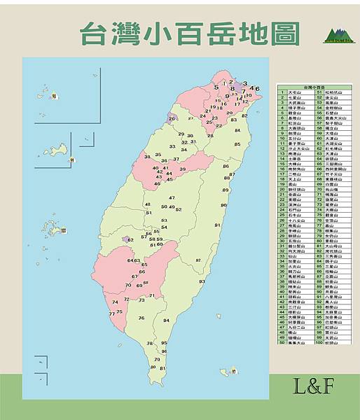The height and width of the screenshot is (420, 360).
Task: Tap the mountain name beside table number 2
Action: click(295, 97)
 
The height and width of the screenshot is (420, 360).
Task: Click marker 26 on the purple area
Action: click(172, 119)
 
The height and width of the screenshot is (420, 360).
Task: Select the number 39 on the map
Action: click(182, 169)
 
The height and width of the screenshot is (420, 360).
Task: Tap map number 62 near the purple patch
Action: click(130, 240)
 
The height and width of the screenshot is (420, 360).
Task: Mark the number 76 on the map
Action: click(141, 318)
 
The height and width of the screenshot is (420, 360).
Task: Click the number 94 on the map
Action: click(166, 320)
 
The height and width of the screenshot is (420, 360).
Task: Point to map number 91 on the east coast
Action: click(217, 225)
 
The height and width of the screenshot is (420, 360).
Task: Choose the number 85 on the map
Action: click(237, 144)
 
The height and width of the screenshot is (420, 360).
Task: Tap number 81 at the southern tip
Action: click(162, 367)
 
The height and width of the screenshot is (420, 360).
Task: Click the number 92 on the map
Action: click(198, 260)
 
